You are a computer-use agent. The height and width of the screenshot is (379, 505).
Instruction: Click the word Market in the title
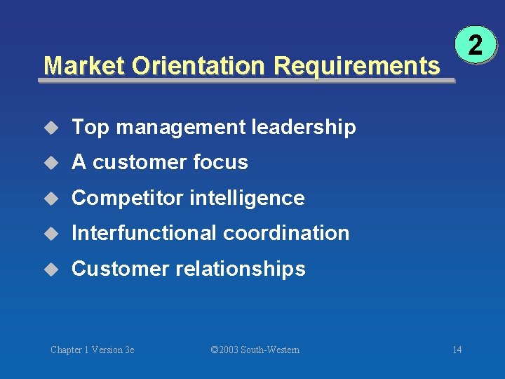[84, 66]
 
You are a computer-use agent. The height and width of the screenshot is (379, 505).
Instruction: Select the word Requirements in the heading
[357, 66]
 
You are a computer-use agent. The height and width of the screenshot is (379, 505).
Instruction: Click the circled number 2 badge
[475, 47]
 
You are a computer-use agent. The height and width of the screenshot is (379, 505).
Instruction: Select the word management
[182, 128]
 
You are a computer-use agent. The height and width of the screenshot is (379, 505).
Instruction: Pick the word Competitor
[128, 198]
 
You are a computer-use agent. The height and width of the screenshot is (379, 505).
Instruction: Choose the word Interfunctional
[141, 233]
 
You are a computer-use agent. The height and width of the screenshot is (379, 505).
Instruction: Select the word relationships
[241, 269]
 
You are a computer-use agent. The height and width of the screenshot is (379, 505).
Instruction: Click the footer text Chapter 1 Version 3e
[93, 350]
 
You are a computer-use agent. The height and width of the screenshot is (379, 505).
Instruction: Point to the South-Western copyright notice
[255, 350]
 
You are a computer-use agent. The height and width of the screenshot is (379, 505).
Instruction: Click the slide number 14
[457, 350]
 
